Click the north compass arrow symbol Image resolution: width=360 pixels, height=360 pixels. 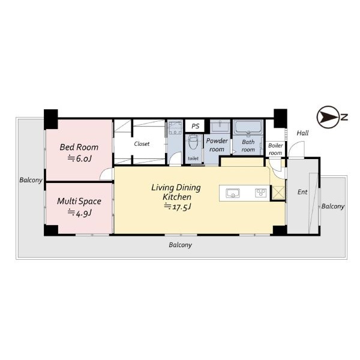[328, 118]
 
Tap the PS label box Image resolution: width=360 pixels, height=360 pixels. [195, 126]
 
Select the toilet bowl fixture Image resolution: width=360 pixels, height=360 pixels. [193, 142]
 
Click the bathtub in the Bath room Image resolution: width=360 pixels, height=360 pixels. [248, 127]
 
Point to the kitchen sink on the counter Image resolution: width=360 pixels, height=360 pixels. [233, 193]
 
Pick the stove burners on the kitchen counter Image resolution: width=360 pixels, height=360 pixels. [261, 193]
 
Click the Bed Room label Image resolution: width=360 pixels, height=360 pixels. [79, 147]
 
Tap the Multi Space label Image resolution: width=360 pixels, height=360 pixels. [79, 201]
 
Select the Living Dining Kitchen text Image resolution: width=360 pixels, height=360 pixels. [176, 192]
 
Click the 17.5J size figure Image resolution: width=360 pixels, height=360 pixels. [178, 207]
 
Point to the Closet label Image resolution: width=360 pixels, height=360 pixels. [142, 144]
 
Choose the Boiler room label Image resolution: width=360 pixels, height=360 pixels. [275, 149]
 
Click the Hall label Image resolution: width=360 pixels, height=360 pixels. [302, 133]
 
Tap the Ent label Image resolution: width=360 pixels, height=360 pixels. [302, 192]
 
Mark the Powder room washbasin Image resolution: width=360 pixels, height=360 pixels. [220, 127]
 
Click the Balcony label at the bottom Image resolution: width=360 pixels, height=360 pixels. [180, 245]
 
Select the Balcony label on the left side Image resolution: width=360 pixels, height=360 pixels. [31, 180]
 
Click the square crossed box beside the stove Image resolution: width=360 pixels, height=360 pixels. [278, 193]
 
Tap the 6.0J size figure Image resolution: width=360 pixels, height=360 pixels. [79, 158]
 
